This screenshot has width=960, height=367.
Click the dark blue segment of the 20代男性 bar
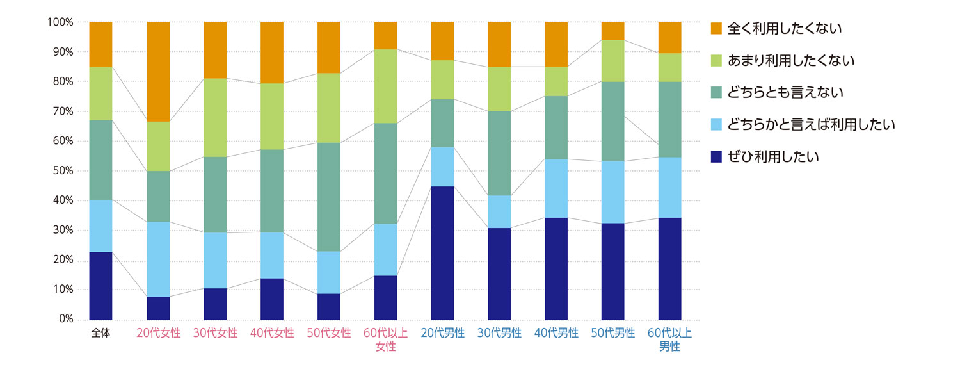click(442, 253)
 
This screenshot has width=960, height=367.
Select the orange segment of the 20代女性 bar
click(158, 71)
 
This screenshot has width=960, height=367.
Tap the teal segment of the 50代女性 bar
click(329, 197)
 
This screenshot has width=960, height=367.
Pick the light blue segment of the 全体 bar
click(100, 225)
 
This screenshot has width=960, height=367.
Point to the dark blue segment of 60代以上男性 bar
click(670, 268)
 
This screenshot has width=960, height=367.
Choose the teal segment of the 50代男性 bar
click(613, 121)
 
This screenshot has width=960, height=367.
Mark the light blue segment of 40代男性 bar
click(556, 188)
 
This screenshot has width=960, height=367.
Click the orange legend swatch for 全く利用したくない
click(716, 28)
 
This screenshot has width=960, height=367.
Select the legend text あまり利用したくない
click(792, 60)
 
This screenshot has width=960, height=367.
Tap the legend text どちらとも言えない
click(785, 92)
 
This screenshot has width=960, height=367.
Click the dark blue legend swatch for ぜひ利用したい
click(716, 156)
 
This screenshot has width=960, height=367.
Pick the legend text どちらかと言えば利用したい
click(811, 124)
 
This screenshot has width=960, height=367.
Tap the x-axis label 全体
click(100, 334)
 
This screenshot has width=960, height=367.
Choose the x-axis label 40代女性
click(272, 334)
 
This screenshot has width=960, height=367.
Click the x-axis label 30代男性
click(499, 334)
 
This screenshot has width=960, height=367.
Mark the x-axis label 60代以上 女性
click(386, 340)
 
